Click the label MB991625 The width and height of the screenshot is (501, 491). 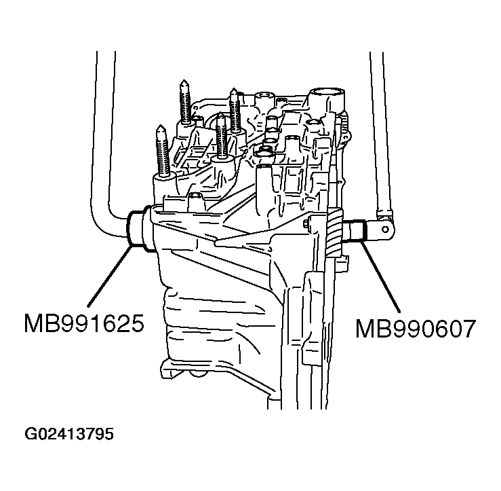coord(84,322)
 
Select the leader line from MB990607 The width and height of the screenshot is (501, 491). coord(380,276)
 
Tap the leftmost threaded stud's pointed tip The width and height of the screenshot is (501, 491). coord(161,128)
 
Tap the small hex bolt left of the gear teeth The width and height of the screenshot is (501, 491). coord(307,225)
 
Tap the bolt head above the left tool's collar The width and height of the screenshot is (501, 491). coord(195,199)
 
